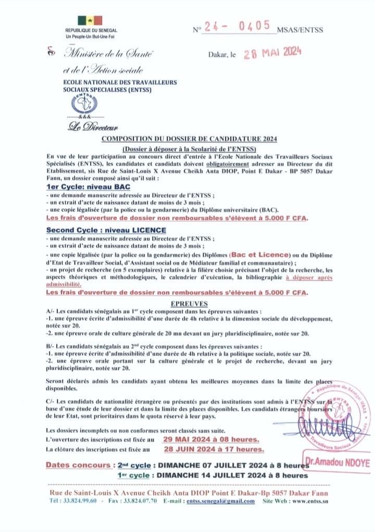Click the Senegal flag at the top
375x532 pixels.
click(90, 21)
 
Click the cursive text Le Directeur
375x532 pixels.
click(93, 126)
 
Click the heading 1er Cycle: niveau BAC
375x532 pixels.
click(88, 186)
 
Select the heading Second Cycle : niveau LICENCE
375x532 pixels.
click(106, 230)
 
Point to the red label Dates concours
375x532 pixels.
click(78, 465)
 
